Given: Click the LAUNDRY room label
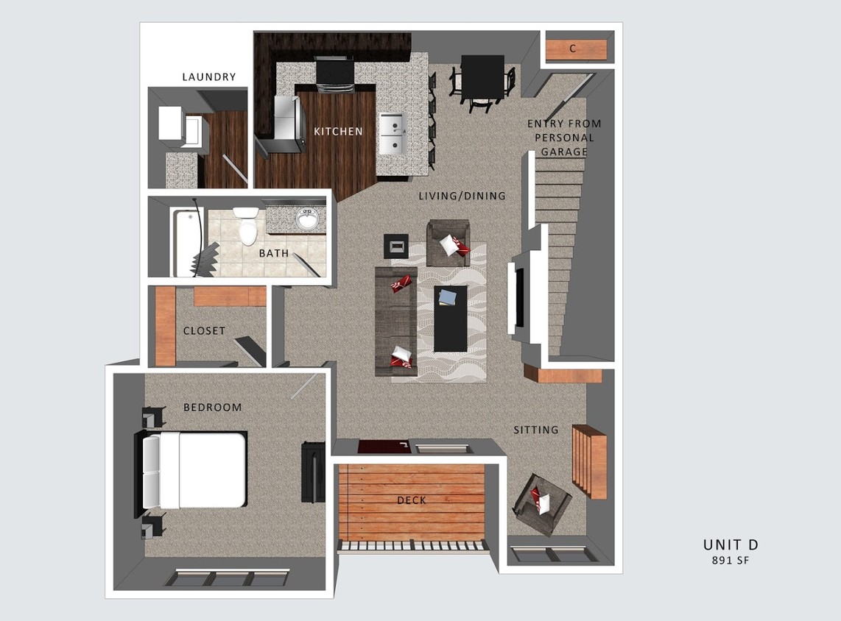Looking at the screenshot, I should coord(209,77).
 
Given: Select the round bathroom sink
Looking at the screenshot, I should coord(306,219).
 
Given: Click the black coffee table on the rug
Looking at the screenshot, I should coord(450,318).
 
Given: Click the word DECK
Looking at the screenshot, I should coord(411,500).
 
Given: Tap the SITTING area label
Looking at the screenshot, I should coord(535,430).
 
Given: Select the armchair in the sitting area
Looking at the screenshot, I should coord(542,503).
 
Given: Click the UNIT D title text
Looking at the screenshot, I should coord(730,544).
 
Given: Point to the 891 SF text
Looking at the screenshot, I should coord(730,561).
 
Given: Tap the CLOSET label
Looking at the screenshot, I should coord(204,331).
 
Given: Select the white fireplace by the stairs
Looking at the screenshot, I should coord(516,294).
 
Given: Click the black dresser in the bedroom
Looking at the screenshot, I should coord(312,472).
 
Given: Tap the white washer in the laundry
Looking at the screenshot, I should coord(173,123).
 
